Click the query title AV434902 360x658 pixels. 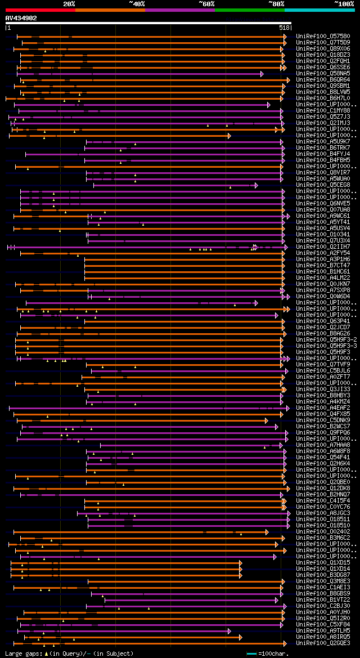point(21,18)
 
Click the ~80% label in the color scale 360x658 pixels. point(276,4)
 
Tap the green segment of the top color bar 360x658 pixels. point(249,10)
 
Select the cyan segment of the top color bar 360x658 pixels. point(319,10)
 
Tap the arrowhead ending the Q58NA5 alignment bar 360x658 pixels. point(262,74)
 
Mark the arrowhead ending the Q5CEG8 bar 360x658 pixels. point(256,185)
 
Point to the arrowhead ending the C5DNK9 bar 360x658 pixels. point(267,420)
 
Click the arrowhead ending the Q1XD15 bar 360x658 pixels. point(240,563)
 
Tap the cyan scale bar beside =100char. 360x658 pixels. point(251,653)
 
